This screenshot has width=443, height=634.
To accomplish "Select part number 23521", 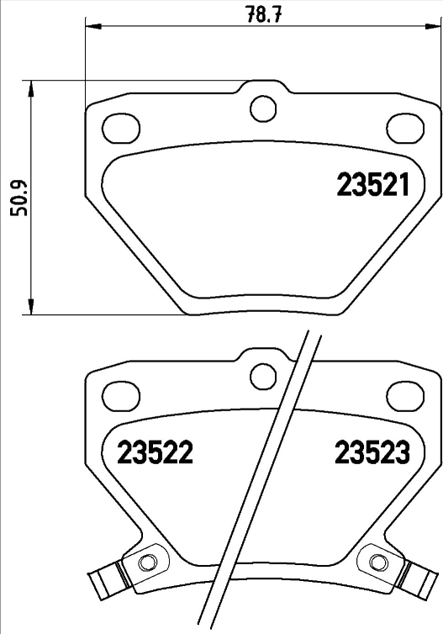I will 372,185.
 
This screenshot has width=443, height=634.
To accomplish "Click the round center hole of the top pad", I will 264,108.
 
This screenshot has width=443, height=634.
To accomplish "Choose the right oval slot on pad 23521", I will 405,128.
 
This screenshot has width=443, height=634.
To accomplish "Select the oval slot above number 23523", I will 405,394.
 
